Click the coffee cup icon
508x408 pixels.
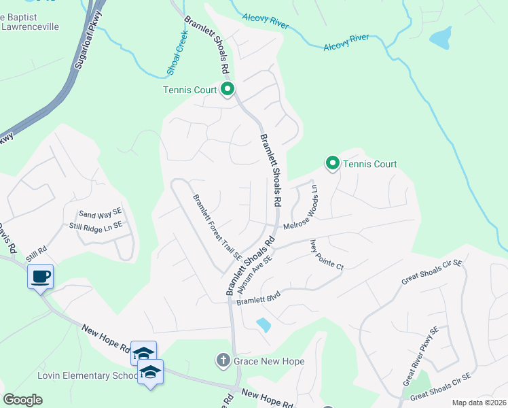40,277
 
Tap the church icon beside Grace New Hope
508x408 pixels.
223,360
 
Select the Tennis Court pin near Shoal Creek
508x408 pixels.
228,89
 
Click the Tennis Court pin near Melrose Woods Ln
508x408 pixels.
332,163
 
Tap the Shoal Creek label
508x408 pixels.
177,52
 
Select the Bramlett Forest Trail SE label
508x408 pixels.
217,227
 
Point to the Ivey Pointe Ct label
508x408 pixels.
327,254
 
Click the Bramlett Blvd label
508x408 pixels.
258,297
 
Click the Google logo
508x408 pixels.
23,400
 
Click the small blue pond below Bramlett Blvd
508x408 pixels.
264,325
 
